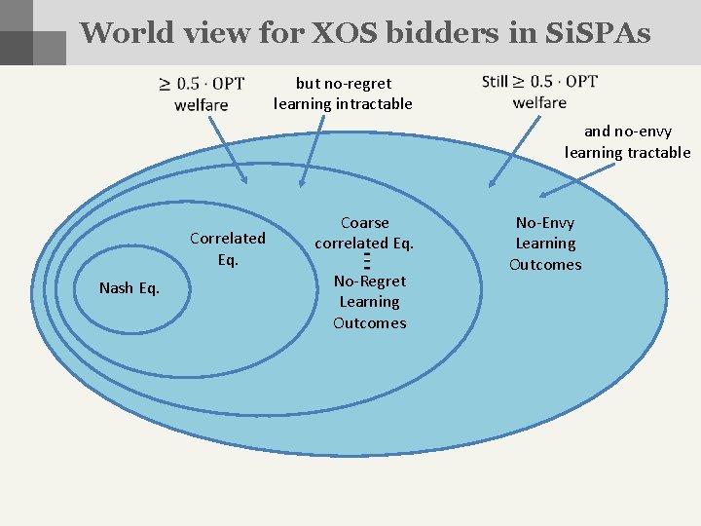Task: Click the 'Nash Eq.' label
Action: [129, 287]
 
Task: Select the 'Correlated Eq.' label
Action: [227, 248]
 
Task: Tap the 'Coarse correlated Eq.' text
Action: [365, 233]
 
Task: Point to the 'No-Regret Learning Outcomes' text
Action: [370, 302]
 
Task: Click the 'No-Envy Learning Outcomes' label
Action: [545, 244]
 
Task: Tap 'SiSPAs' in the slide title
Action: [595, 32]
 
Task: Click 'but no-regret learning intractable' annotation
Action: [343, 94]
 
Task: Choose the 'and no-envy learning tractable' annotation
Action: [627, 141]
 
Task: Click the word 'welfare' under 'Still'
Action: [538, 102]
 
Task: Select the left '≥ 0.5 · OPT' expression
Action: [202, 84]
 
